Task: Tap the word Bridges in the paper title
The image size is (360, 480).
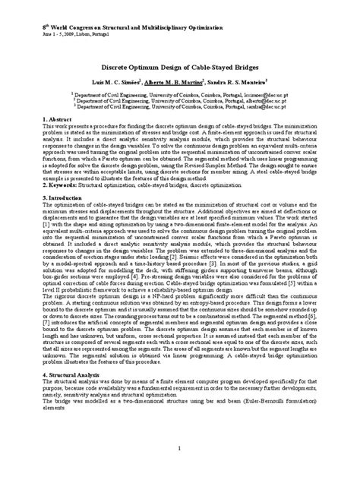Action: point(253,68)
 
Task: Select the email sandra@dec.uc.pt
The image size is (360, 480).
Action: point(261,109)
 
